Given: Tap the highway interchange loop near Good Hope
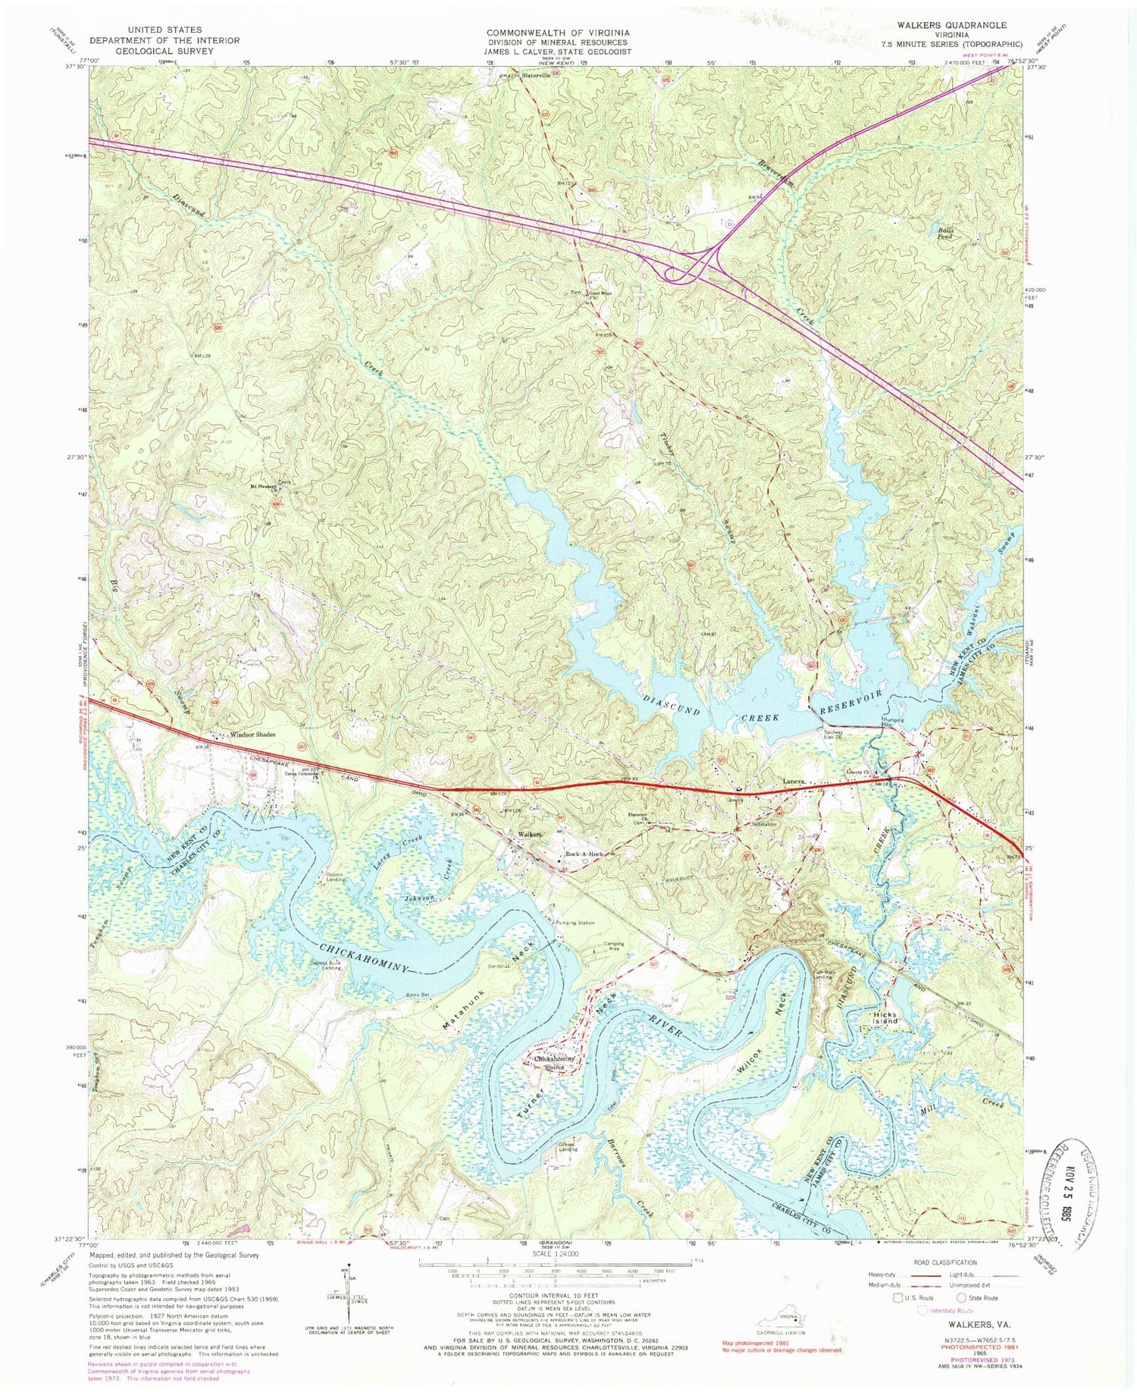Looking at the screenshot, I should (x=677, y=274).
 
